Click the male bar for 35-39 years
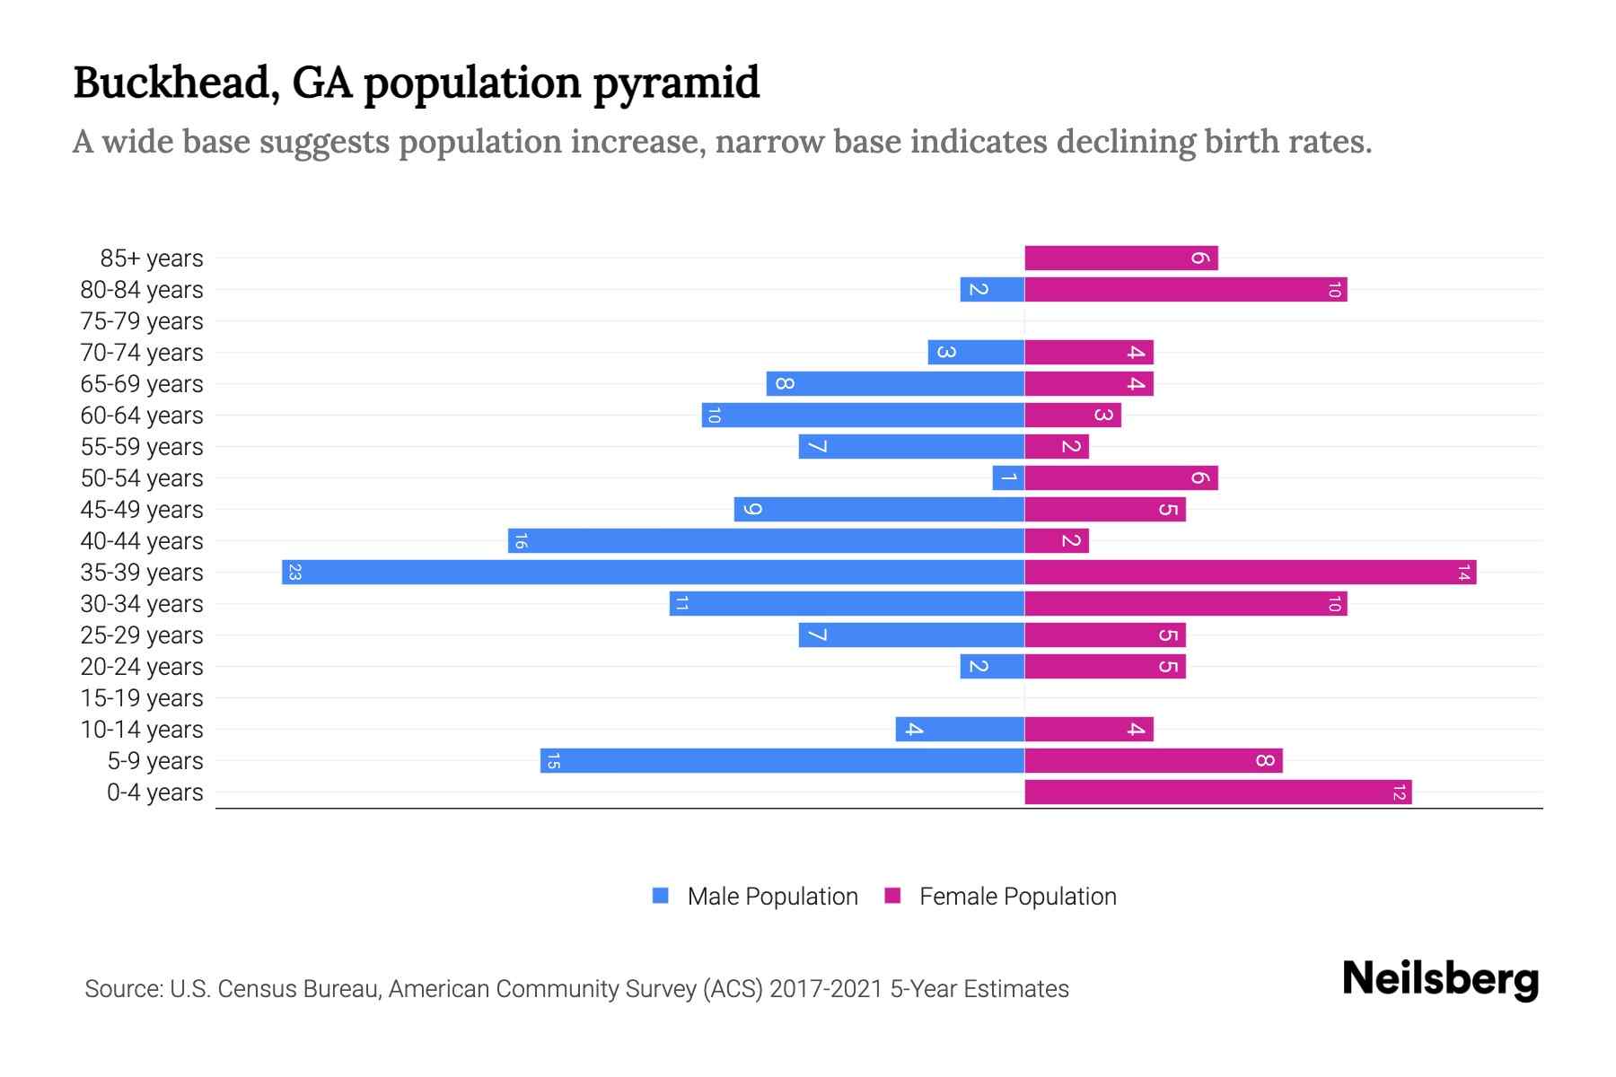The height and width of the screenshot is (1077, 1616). tap(653, 573)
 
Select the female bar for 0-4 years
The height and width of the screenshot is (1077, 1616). tap(1217, 792)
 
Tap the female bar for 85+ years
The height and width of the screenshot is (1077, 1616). tap(1120, 258)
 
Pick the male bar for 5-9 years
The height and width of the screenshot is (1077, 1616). tap(782, 761)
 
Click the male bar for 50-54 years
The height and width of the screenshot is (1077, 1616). tap(1008, 478)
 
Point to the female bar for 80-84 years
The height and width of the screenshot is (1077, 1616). tap(1185, 290)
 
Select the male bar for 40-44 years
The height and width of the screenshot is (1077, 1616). tap(766, 541)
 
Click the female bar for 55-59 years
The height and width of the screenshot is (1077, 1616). tap(1057, 447)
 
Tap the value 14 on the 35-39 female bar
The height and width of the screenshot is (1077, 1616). tap(1463, 573)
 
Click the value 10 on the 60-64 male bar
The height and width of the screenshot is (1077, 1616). tap(714, 416)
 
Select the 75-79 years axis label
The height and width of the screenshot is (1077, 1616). tap(142, 321)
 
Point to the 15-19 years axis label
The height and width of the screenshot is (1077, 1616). tap(142, 698)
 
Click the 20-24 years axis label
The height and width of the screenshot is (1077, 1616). tap(142, 667)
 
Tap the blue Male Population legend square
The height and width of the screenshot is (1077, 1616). tap(661, 896)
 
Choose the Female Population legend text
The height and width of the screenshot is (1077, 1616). tap(1017, 897)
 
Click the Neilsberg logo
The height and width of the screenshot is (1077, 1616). tap(1440, 979)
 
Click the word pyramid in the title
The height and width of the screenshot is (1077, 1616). tap(676, 83)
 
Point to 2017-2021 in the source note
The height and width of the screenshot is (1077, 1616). tap(826, 989)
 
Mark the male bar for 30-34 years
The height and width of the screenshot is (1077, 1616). tap(847, 604)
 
